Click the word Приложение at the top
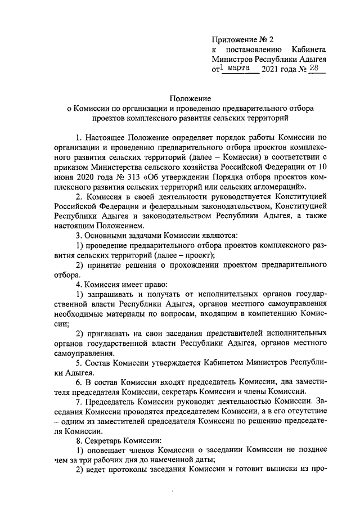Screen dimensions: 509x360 click(x=233, y=39)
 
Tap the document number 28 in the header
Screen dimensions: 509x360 click(x=315, y=69)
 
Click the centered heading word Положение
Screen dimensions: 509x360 click(x=191, y=97)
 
